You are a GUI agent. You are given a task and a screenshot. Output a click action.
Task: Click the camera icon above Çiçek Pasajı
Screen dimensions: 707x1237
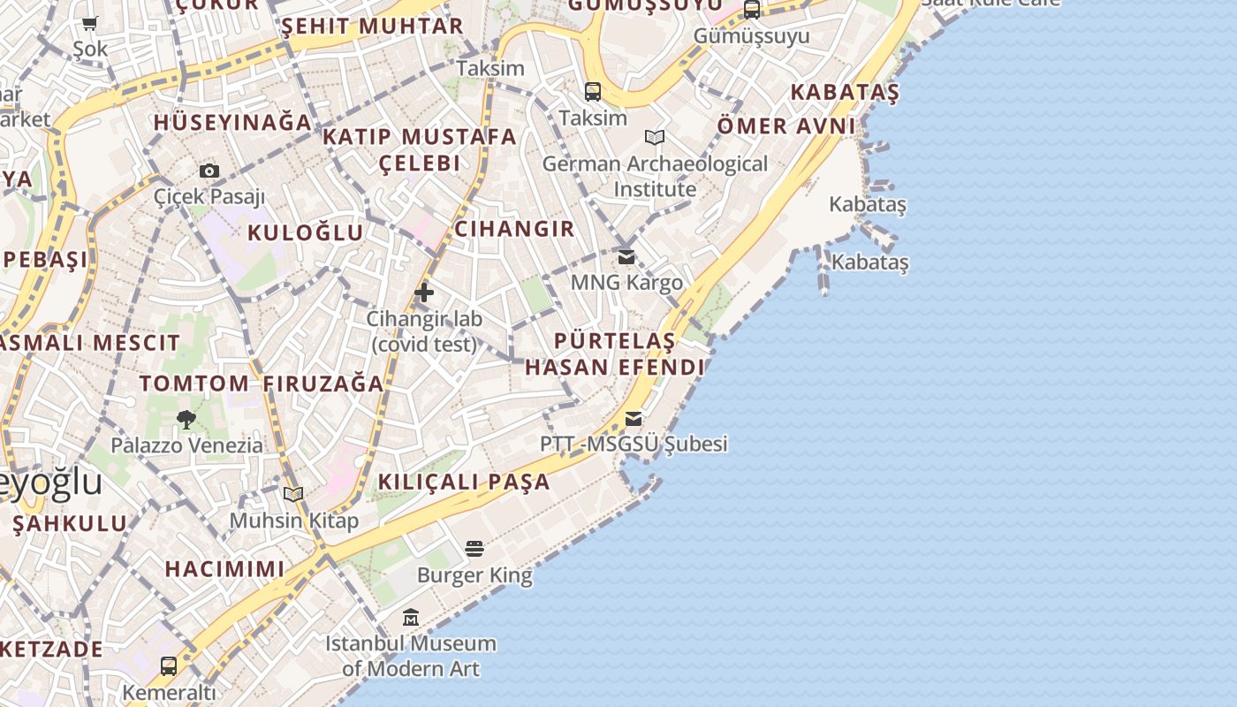click(x=209, y=171)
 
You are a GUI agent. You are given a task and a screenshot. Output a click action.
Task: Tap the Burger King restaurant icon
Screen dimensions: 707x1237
click(x=474, y=549)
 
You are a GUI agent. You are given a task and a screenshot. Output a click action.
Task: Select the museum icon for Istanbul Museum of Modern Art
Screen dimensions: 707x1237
click(x=411, y=617)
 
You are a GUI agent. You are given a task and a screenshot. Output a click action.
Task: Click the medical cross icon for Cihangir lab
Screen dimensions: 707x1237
click(x=424, y=292)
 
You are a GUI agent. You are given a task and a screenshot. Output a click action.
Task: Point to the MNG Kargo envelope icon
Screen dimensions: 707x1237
click(x=626, y=257)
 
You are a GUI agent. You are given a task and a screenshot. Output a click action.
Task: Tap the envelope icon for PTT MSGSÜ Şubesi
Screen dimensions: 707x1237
click(x=634, y=418)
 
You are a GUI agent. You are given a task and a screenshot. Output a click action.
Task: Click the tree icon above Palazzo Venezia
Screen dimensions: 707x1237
click(x=186, y=420)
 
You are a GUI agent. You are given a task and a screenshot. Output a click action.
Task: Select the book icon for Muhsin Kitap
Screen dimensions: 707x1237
click(x=293, y=494)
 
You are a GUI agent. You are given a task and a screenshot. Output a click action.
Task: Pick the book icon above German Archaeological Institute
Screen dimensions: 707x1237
click(x=655, y=137)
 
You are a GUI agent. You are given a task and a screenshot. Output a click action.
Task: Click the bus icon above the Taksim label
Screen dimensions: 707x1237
click(x=593, y=91)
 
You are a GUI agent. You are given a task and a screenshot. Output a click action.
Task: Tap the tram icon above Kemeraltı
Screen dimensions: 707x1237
click(x=169, y=665)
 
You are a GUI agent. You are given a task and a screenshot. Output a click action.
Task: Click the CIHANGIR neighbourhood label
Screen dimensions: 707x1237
click(x=514, y=229)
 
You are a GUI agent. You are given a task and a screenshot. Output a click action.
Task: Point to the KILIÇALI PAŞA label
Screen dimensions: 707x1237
click(x=465, y=482)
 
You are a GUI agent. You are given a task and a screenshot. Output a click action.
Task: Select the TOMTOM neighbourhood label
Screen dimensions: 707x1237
click(x=194, y=384)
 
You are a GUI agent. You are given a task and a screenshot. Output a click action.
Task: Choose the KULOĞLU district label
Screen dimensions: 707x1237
click(x=305, y=232)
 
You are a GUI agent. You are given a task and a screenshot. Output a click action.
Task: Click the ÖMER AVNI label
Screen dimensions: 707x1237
click(x=786, y=125)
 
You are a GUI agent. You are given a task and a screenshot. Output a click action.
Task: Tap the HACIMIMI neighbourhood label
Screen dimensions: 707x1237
click(x=224, y=568)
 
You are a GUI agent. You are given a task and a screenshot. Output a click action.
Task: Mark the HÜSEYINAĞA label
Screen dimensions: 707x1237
click(x=232, y=122)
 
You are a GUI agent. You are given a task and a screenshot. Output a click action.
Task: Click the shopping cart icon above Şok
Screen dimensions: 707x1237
click(x=89, y=23)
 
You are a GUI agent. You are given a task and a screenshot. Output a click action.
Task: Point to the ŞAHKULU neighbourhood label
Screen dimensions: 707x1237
click(x=70, y=523)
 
